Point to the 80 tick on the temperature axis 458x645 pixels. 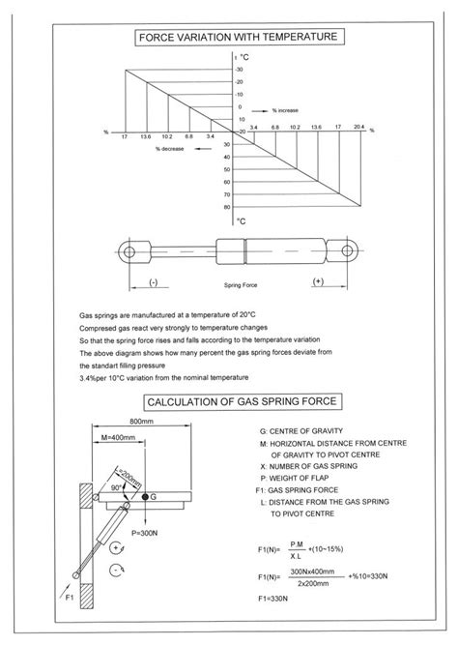(227, 206)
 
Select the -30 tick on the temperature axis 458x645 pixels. (238, 70)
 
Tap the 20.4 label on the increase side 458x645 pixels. (359, 127)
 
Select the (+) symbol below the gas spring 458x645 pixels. (319, 282)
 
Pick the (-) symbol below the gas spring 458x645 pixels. (153, 282)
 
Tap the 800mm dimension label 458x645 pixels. (142, 423)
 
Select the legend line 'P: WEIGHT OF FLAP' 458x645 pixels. (301, 479)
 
